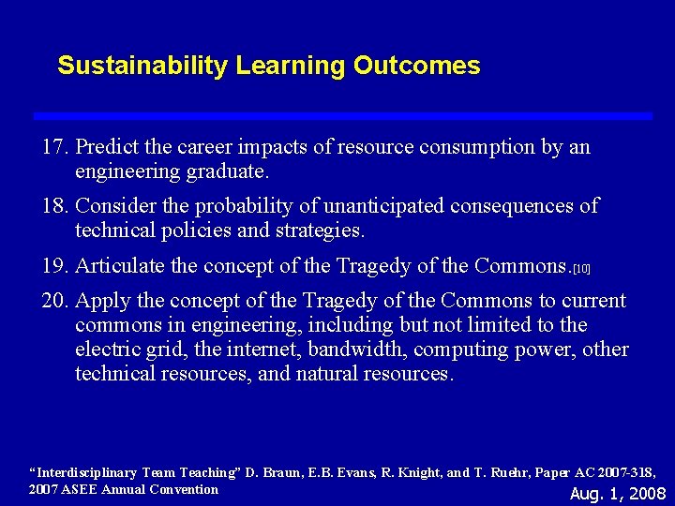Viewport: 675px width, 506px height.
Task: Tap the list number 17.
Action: pyautogui.click(x=55, y=148)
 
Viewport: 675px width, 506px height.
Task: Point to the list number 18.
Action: pyautogui.click(x=55, y=206)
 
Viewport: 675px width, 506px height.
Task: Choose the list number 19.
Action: pyautogui.click(x=55, y=266)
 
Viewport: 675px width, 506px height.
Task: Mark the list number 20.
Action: pyautogui.click(x=55, y=301)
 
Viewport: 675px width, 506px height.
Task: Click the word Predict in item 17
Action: pyautogui.click(x=106, y=148)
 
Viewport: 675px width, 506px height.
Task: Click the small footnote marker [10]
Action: pyautogui.click(x=581, y=269)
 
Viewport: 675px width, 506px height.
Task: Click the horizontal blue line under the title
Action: pyautogui.click(x=342, y=115)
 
